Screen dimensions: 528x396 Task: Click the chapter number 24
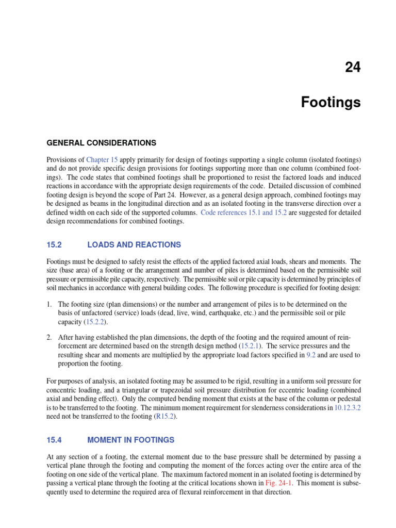tap(353, 68)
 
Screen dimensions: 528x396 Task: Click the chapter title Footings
tap(331, 103)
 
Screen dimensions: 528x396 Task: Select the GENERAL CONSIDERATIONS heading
tap(101, 142)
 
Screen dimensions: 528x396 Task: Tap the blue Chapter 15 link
tap(102, 160)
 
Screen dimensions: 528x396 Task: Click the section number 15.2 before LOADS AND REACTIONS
tap(54, 245)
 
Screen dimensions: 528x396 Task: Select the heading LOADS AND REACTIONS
tap(134, 245)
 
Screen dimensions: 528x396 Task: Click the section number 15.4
tap(54, 440)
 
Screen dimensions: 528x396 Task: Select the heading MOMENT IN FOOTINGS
tap(131, 440)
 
